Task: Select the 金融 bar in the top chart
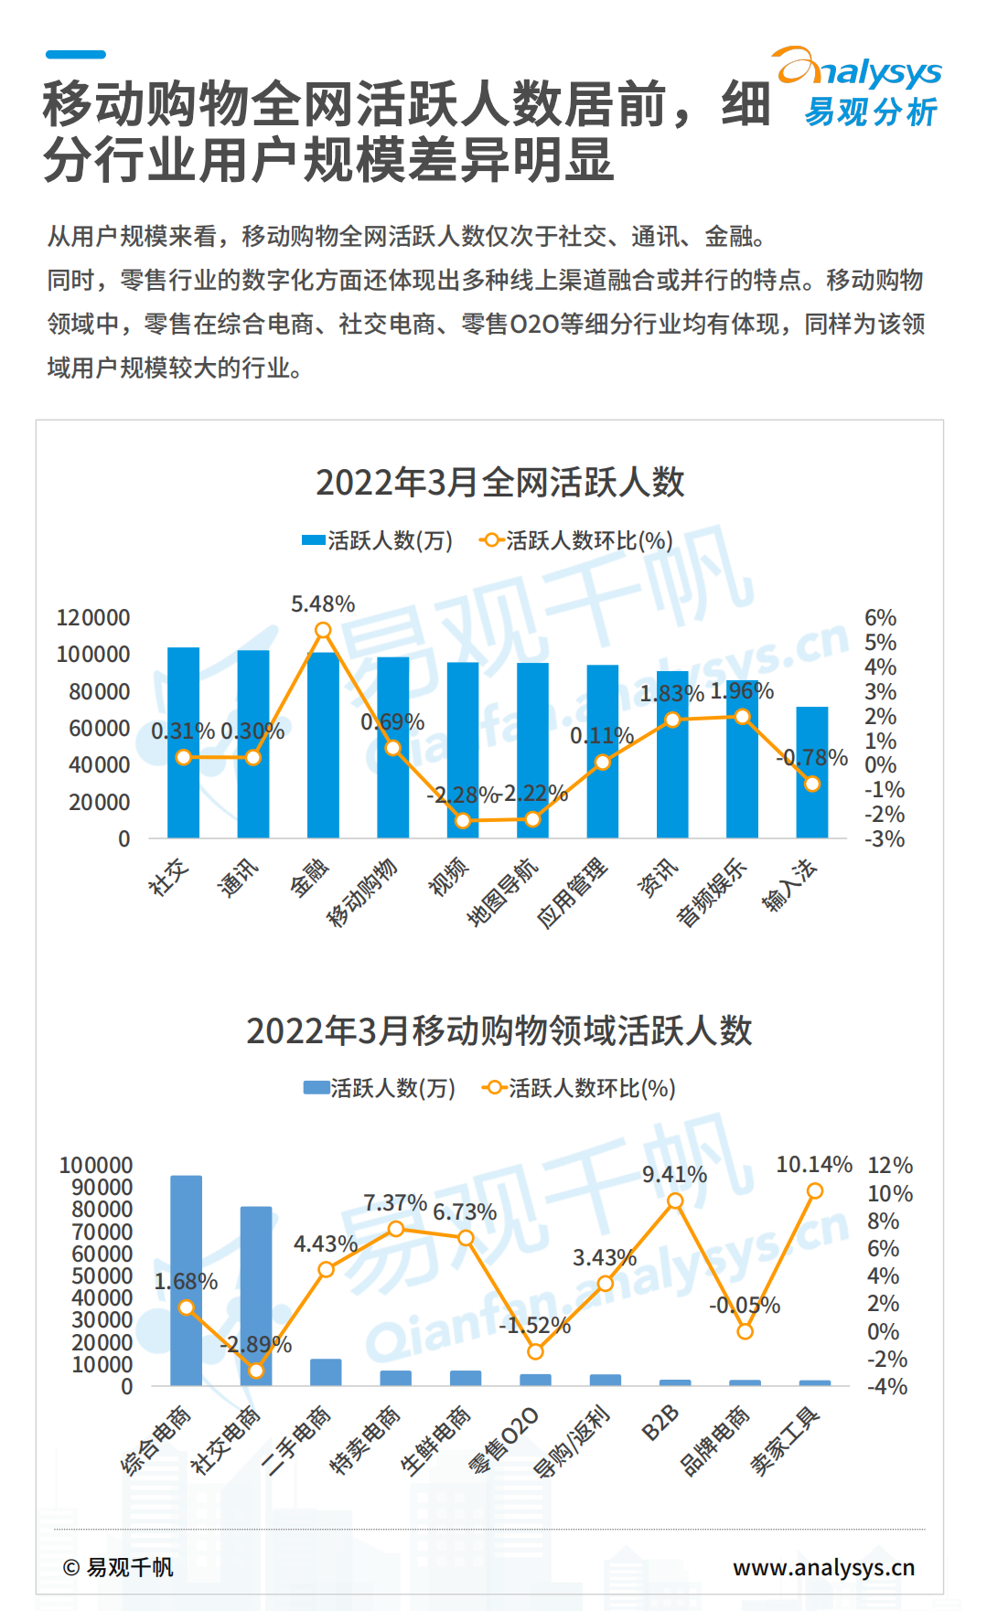pyautogui.click(x=323, y=745)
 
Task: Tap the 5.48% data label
pyautogui.click(x=323, y=604)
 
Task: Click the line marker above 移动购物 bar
pyautogui.click(x=392, y=748)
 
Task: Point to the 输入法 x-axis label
pyautogui.click(x=790, y=884)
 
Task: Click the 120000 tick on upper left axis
pyautogui.click(x=93, y=618)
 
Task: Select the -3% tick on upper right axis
pyautogui.click(x=884, y=839)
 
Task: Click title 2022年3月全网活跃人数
pyautogui.click(x=499, y=483)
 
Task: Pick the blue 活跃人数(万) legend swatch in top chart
pyautogui.click(x=314, y=540)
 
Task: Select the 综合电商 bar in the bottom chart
pyautogui.click(x=186, y=1280)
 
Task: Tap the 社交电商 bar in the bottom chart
pyautogui.click(x=256, y=1296)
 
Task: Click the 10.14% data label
pyautogui.click(x=814, y=1165)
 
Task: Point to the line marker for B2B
pyautogui.click(x=674, y=1201)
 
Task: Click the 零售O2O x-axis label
pyautogui.click(x=504, y=1440)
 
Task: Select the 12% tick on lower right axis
pyautogui.click(x=890, y=1166)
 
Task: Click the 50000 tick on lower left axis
pyautogui.click(x=102, y=1276)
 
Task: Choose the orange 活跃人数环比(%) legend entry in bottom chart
pyautogui.click(x=578, y=1088)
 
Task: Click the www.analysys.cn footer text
pyautogui.click(x=823, y=1568)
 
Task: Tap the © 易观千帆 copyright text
pyautogui.click(x=118, y=1568)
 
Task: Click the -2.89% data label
pyautogui.click(x=255, y=1345)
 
